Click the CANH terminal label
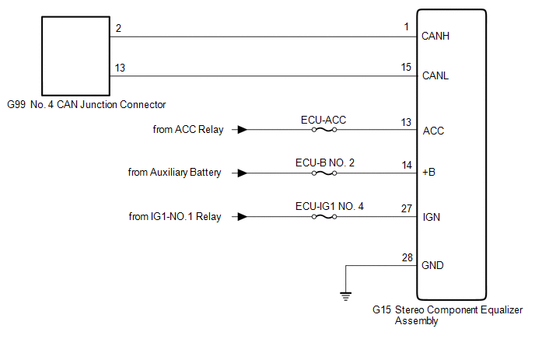pos(434,36)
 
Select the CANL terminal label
pos(434,77)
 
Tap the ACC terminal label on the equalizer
pos(432,131)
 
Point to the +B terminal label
pos(428,173)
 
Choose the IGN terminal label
pos(431,217)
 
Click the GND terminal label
pos(432,265)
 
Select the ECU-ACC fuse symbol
pos(323,130)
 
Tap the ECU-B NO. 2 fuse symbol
pos(323,173)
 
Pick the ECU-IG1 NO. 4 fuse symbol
pos(323,217)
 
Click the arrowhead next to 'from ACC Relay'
pos(243,130)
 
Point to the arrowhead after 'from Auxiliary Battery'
pos(243,173)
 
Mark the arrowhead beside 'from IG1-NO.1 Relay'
pos(243,217)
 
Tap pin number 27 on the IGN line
pos(405,208)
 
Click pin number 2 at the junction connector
pos(118,28)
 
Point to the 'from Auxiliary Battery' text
pos(174,173)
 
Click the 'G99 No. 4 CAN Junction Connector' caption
pos(86,104)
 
